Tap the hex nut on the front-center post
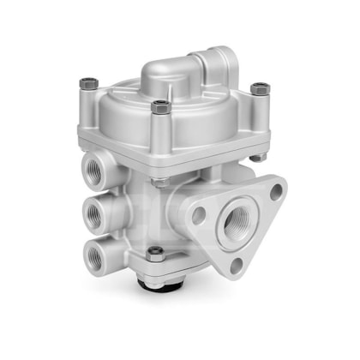[x=158, y=106]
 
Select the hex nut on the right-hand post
[x=258, y=87]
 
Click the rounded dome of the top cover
[x=163, y=77]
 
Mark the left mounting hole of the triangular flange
[x=199, y=215]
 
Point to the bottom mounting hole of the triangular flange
[x=236, y=265]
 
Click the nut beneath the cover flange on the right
[x=256, y=158]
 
